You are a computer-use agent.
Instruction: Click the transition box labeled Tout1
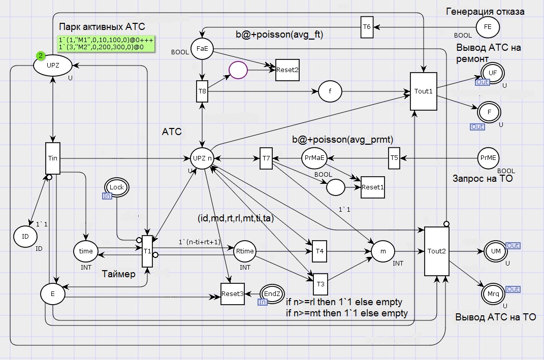pos(424,91)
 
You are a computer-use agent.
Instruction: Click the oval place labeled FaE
pos(202,49)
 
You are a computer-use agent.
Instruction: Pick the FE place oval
pos(488,27)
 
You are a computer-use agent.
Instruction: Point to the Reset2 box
pos(287,70)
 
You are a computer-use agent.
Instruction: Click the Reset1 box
pos(372,187)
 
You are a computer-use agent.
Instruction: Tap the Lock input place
pos(117,187)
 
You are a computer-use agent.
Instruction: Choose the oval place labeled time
pos(86,251)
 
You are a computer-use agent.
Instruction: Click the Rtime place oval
pos(245,251)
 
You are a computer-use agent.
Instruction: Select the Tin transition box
pos(52,158)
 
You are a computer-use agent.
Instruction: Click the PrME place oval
pos(488,158)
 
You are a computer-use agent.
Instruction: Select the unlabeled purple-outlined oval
pos(237,70)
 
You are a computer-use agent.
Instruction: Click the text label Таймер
pos(119,274)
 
